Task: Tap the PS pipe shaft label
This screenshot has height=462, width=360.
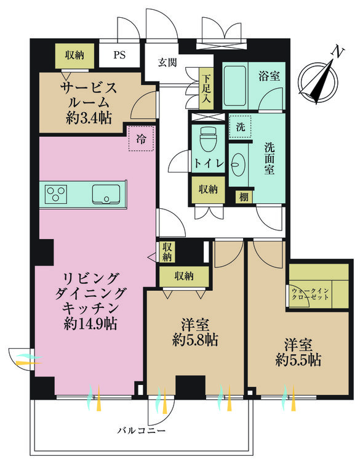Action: pos(119,54)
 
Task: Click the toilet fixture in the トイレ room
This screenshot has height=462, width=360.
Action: pos(206,140)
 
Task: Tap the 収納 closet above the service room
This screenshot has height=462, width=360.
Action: pos(74,55)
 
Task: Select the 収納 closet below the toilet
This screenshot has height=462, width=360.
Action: pos(207,189)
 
